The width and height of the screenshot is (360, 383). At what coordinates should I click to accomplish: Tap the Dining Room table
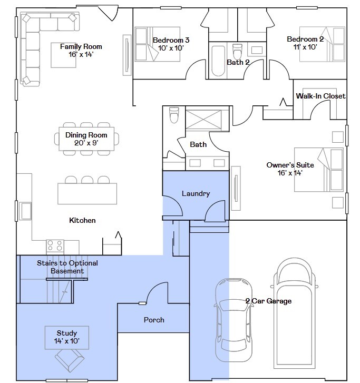[x=86, y=139]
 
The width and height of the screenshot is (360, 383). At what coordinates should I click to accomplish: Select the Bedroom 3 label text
[x=171, y=40]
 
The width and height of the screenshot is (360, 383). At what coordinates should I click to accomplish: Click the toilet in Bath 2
[x=237, y=52]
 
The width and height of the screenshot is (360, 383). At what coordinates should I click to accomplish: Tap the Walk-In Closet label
[x=320, y=96]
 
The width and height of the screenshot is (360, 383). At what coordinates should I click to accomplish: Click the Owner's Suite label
[x=290, y=165]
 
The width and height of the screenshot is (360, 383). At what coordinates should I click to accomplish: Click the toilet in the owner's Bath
[x=173, y=114]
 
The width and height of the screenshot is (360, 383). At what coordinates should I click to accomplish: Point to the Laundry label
[x=196, y=193]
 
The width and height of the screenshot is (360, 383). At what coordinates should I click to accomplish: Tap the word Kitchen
[x=82, y=220]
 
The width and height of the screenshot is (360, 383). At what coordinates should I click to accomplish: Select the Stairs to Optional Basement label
[x=67, y=267]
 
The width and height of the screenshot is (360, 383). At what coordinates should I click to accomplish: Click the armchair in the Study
[x=70, y=361]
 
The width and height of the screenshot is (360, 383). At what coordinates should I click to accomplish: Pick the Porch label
[x=154, y=320]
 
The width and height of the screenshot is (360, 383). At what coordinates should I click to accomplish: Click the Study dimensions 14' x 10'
[x=67, y=341]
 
